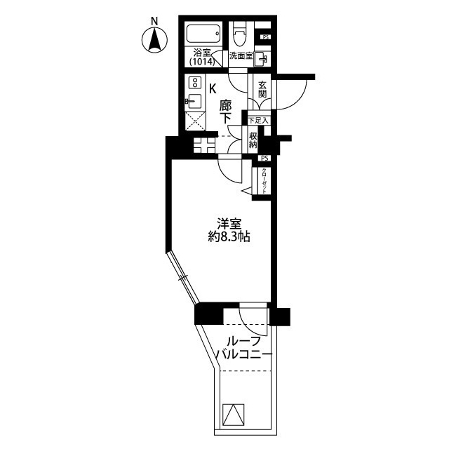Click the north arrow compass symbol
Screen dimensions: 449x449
click(x=154, y=40)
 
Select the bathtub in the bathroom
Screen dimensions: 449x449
click(x=204, y=34)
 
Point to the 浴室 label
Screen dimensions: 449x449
click(x=202, y=51)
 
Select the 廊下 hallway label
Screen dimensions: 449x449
click(x=225, y=112)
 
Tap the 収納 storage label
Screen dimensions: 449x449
click(x=253, y=140)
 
